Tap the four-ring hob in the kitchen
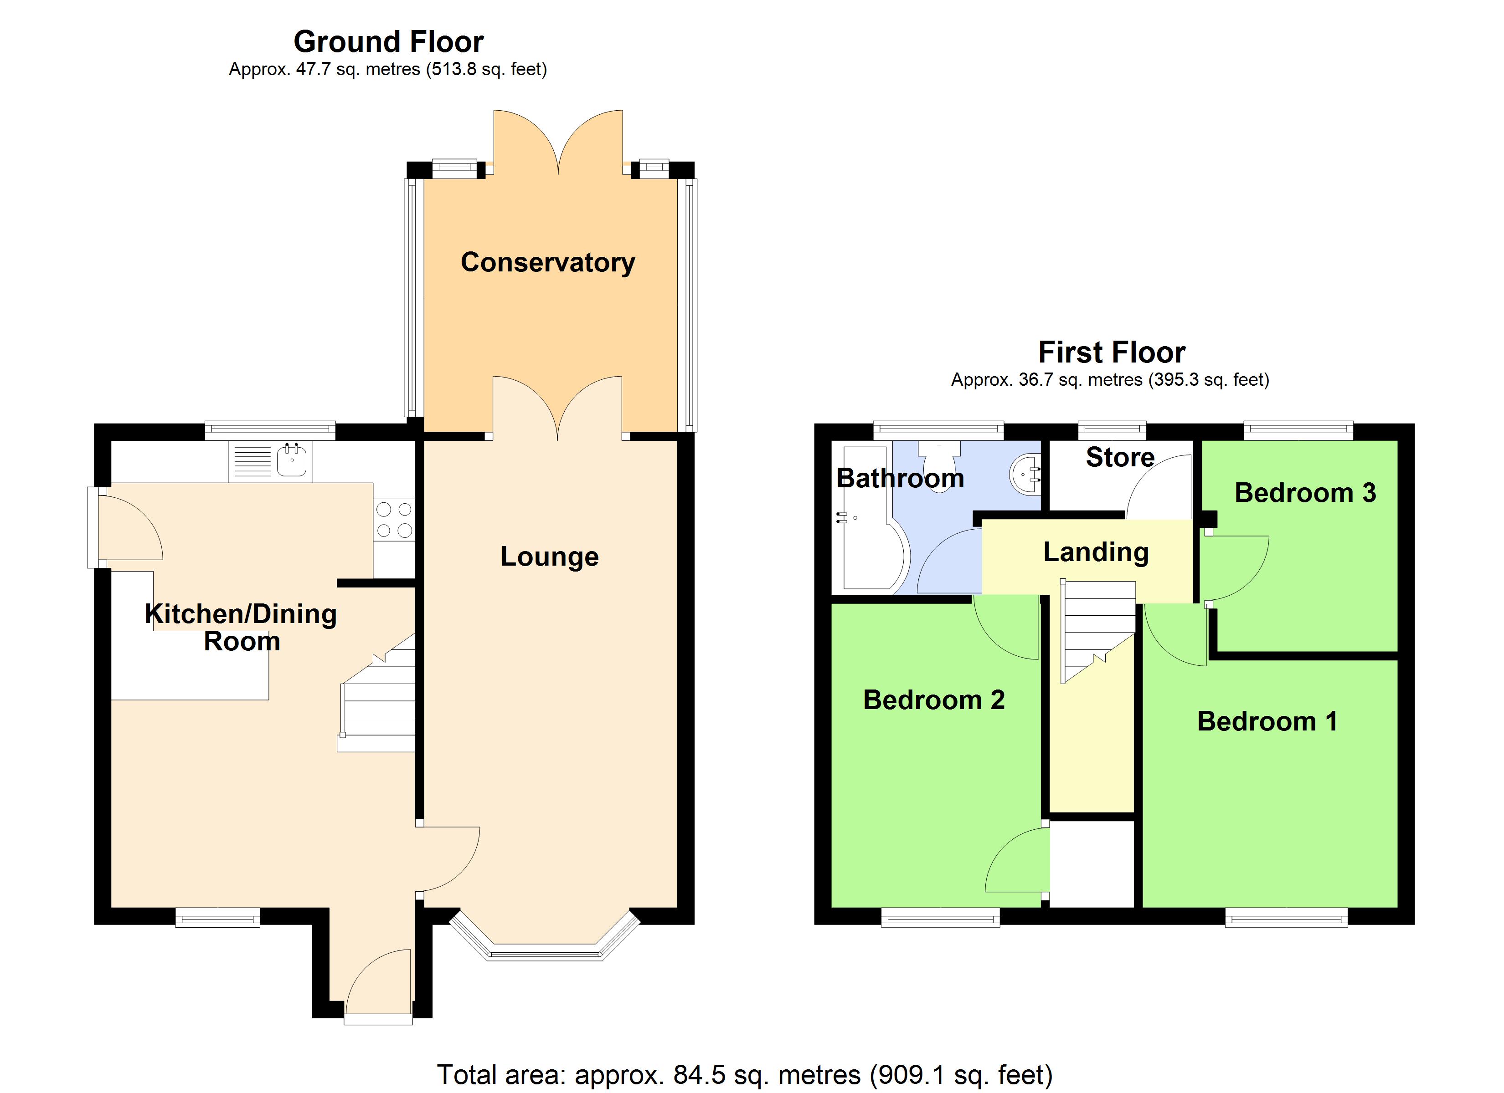(395, 520)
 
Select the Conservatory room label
(548, 262)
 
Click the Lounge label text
(549, 557)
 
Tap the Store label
(1120, 457)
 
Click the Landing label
(1096, 552)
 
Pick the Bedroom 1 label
(1267, 721)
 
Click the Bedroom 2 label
(934, 700)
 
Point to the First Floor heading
(1112, 352)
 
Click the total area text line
(744, 1074)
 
